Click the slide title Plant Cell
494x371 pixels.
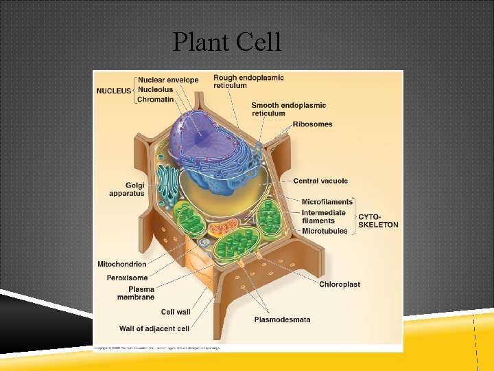pos(227,42)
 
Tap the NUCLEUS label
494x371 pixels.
pos(113,90)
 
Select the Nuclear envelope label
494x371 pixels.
pos(167,80)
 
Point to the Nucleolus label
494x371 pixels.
pos(155,89)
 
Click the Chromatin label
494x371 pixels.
pos(156,100)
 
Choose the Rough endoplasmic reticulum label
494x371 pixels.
pos(248,81)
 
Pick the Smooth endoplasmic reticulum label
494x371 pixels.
pos(288,109)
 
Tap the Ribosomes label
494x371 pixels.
pos(312,124)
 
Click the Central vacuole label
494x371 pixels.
pos(320,181)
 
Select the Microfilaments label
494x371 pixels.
pos(327,201)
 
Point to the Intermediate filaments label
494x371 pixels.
pos(324,216)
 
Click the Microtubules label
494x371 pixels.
pos(325,232)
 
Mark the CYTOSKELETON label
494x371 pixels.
pos(378,221)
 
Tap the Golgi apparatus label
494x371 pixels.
pos(126,189)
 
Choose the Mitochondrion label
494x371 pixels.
pos(122,264)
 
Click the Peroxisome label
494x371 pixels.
pos(127,278)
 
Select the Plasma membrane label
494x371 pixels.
pos(141,293)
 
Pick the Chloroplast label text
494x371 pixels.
pos(340,284)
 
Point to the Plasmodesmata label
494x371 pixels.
pos(282,319)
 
